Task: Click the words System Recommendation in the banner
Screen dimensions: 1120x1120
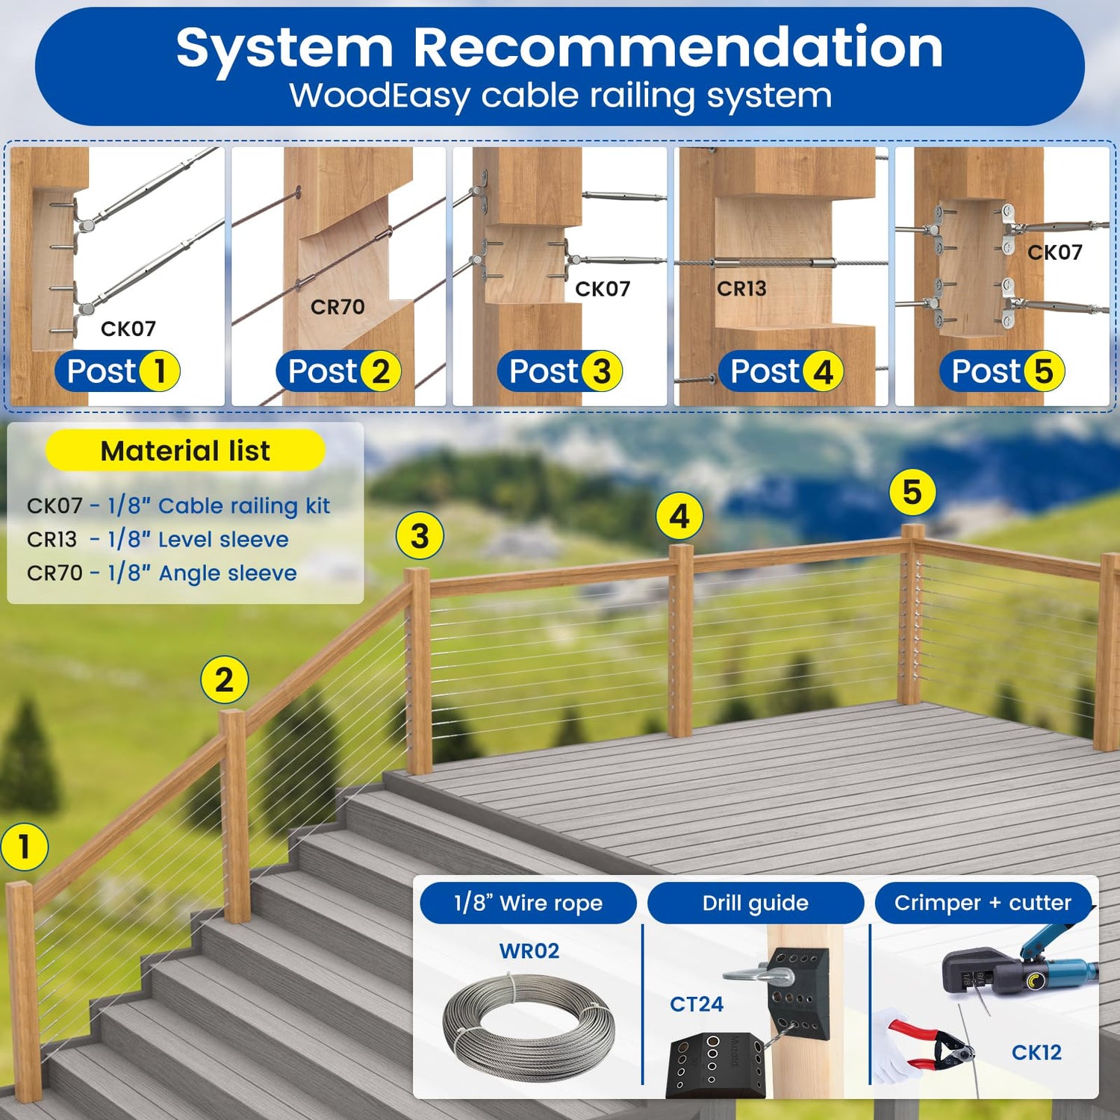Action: coord(559,48)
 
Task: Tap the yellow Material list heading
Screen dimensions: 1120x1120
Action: coord(185,450)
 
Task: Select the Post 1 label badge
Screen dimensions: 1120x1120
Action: coord(118,371)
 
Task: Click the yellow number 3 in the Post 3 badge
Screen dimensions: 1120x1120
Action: coord(601,371)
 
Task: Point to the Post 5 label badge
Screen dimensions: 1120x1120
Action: coord(1003,371)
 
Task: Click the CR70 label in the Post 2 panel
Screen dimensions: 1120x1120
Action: coord(337,307)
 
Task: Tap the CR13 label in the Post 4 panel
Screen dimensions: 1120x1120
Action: coord(741,288)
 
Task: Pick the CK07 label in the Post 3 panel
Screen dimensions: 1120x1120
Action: coord(603,288)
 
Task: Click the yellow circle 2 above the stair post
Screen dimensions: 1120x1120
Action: coord(224,679)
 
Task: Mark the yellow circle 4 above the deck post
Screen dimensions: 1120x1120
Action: coord(679,516)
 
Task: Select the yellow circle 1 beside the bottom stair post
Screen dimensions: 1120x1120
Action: coord(25,847)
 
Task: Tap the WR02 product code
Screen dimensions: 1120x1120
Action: coord(529,951)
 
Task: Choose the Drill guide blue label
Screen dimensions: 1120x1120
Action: coord(756,903)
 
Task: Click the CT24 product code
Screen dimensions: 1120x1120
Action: coord(697,1004)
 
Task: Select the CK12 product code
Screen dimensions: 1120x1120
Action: coord(1036,1052)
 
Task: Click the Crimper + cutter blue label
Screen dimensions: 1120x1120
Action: coord(983,903)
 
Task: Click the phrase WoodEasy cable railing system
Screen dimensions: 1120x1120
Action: coord(561,96)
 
